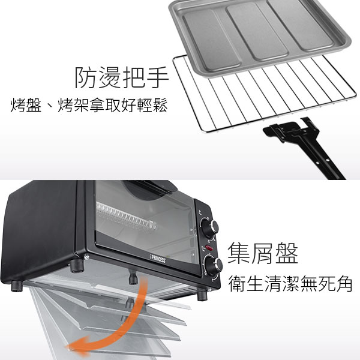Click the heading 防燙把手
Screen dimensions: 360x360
(x=122, y=77)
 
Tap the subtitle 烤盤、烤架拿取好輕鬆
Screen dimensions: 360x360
(x=89, y=106)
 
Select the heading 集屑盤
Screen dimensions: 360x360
(x=263, y=253)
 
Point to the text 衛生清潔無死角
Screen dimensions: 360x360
(x=290, y=284)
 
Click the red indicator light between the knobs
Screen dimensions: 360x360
(x=209, y=248)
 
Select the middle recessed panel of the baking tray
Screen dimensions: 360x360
(x=257, y=32)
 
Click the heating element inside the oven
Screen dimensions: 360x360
(x=127, y=217)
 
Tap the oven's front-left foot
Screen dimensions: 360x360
(x=17, y=286)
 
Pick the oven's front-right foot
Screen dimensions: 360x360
(x=202, y=296)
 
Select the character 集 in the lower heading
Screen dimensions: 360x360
(x=239, y=253)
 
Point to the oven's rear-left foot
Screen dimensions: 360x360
(x=77, y=266)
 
